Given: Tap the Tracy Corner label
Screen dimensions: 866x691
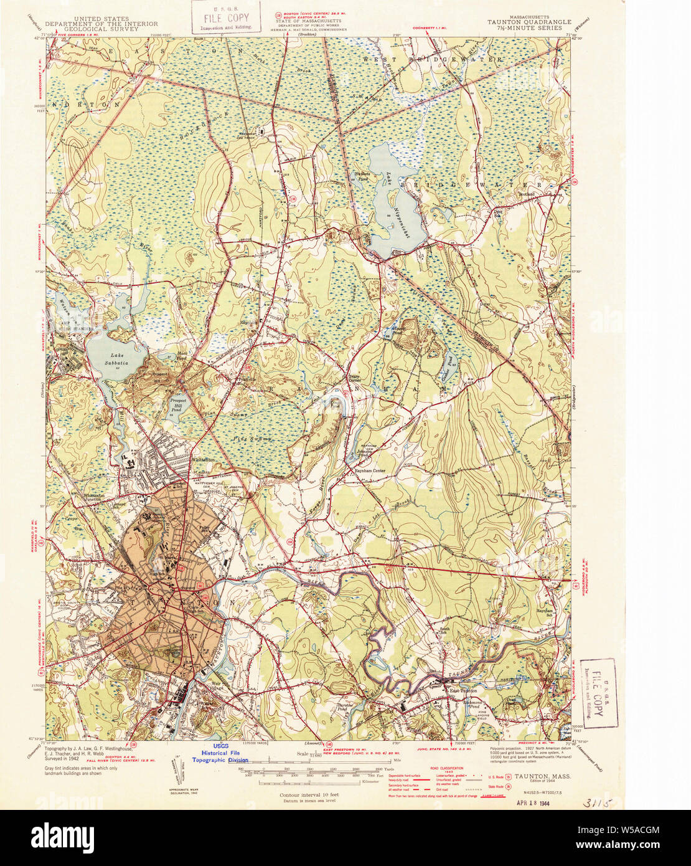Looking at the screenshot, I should [354, 378].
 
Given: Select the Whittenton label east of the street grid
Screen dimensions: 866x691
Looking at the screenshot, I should [204, 460].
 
